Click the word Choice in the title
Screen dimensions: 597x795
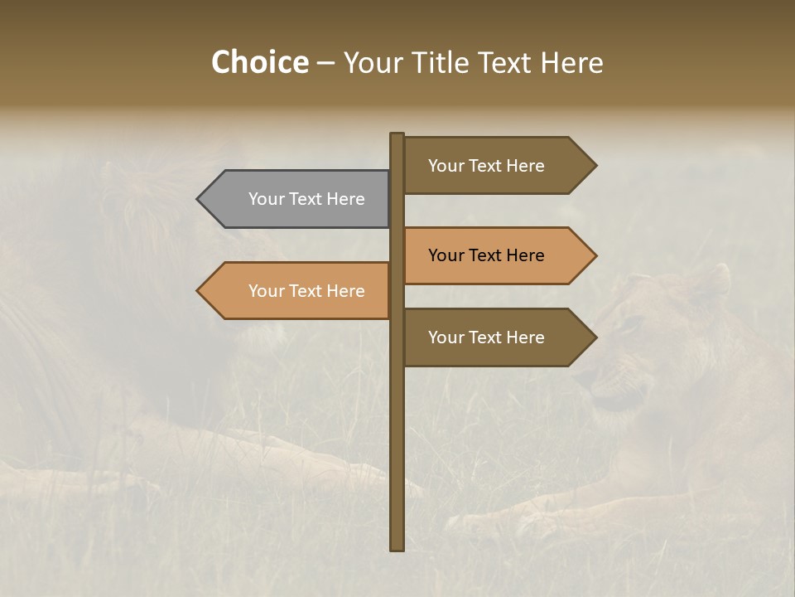[x=259, y=63]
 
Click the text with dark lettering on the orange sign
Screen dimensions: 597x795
[x=486, y=255]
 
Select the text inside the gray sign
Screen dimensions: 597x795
[x=306, y=199]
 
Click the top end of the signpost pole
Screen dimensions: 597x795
[x=397, y=136]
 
